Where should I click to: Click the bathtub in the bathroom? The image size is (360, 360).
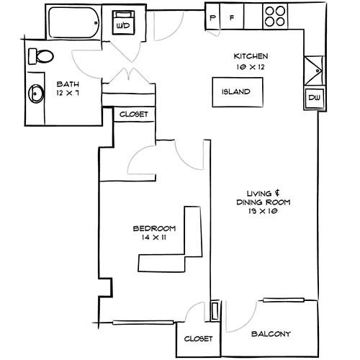74,22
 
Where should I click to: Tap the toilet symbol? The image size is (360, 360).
41,56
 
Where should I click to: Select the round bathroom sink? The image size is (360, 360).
36,94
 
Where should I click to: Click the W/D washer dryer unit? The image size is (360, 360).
123,22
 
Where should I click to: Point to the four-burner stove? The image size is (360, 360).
275,16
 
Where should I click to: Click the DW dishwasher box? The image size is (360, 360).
315,98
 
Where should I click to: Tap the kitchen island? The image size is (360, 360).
238,92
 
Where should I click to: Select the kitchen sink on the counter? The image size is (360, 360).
314,71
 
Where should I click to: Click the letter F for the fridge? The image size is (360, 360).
232,17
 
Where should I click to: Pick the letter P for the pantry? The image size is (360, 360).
212,18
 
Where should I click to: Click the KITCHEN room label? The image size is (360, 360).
251,56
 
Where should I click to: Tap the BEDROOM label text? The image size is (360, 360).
154,228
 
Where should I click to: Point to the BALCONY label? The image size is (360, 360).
271,334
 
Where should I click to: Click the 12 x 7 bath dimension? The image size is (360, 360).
68,93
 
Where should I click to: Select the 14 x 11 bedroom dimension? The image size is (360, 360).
154,238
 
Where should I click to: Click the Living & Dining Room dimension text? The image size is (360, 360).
263,211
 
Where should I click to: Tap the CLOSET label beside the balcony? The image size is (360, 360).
198,338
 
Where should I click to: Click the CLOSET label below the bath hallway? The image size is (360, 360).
134,114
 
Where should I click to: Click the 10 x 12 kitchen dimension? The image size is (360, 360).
251,67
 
